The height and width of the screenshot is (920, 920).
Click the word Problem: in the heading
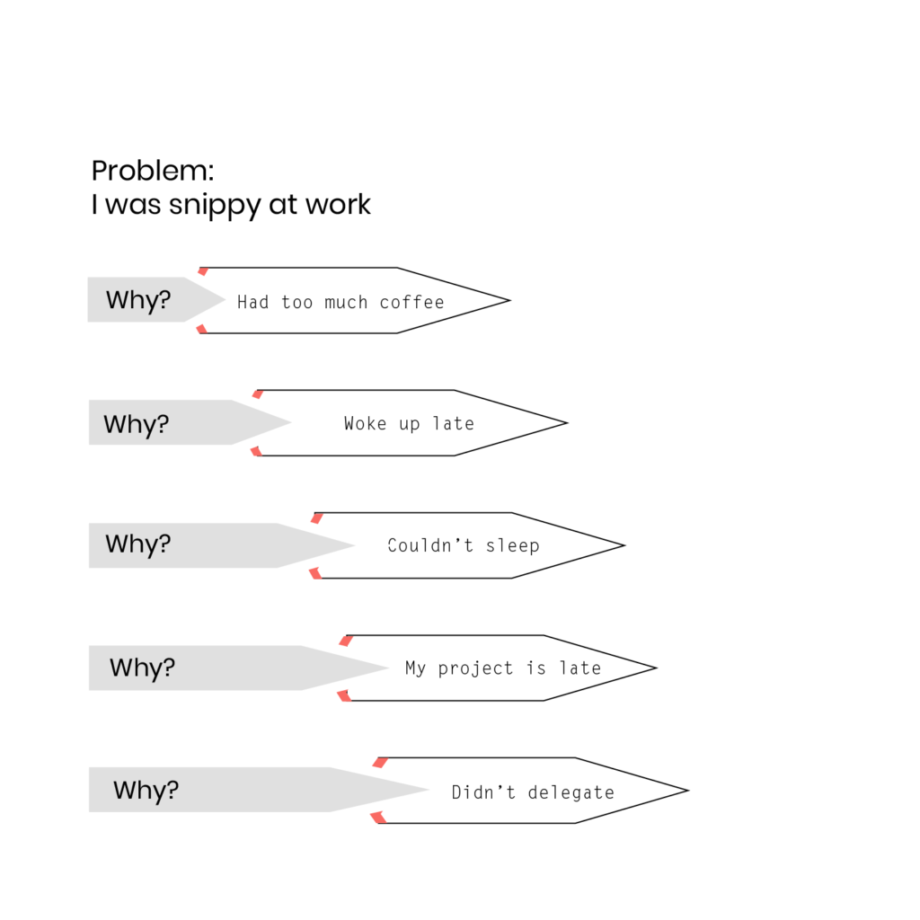(x=153, y=171)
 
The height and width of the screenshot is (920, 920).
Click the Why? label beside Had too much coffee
(x=138, y=300)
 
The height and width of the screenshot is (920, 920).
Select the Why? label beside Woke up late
(x=137, y=424)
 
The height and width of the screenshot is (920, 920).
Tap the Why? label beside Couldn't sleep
(x=137, y=544)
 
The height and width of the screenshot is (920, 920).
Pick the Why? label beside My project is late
(x=142, y=668)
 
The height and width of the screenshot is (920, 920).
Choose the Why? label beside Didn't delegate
(x=146, y=791)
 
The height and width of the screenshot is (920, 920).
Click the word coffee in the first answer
(x=411, y=302)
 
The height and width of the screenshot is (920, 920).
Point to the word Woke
(x=365, y=424)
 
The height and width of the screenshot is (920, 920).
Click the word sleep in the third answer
(x=512, y=546)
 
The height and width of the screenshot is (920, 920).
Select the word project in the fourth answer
(x=475, y=668)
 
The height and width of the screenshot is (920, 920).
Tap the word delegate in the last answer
(x=571, y=793)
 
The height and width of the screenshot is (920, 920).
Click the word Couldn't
(x=430, y=545)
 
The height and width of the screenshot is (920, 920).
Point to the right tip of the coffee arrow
(x=510, y=300)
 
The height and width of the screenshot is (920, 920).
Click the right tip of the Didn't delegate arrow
(x=688, y=791)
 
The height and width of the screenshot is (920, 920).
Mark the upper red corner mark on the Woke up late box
(x=258, y=394)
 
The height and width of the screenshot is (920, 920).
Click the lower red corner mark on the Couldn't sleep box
(x=315, y=573)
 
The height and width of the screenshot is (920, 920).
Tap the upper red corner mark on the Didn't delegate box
(x=380, y=762)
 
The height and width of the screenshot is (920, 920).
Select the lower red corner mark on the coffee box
(x=202, y=329)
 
